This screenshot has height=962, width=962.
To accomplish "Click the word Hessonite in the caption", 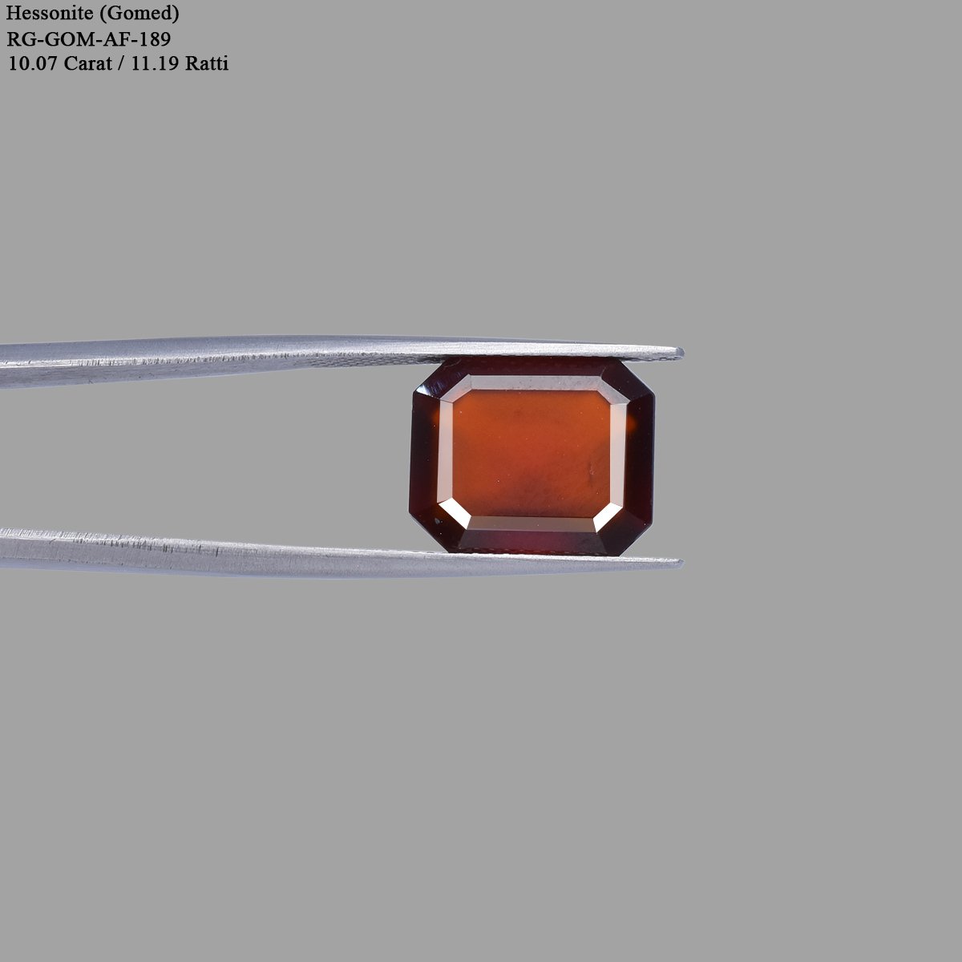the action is click(49, 14).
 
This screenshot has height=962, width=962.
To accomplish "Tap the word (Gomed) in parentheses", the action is click(139, 14).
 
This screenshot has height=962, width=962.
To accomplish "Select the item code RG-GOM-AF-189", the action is click(89, 38).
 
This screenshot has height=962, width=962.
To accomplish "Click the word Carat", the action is click(87, 63).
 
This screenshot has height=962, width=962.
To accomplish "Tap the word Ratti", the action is click(207, 63).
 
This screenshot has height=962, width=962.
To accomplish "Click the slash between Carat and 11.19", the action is click(121, 63).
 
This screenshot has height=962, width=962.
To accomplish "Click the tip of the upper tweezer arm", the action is click(682, 353).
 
